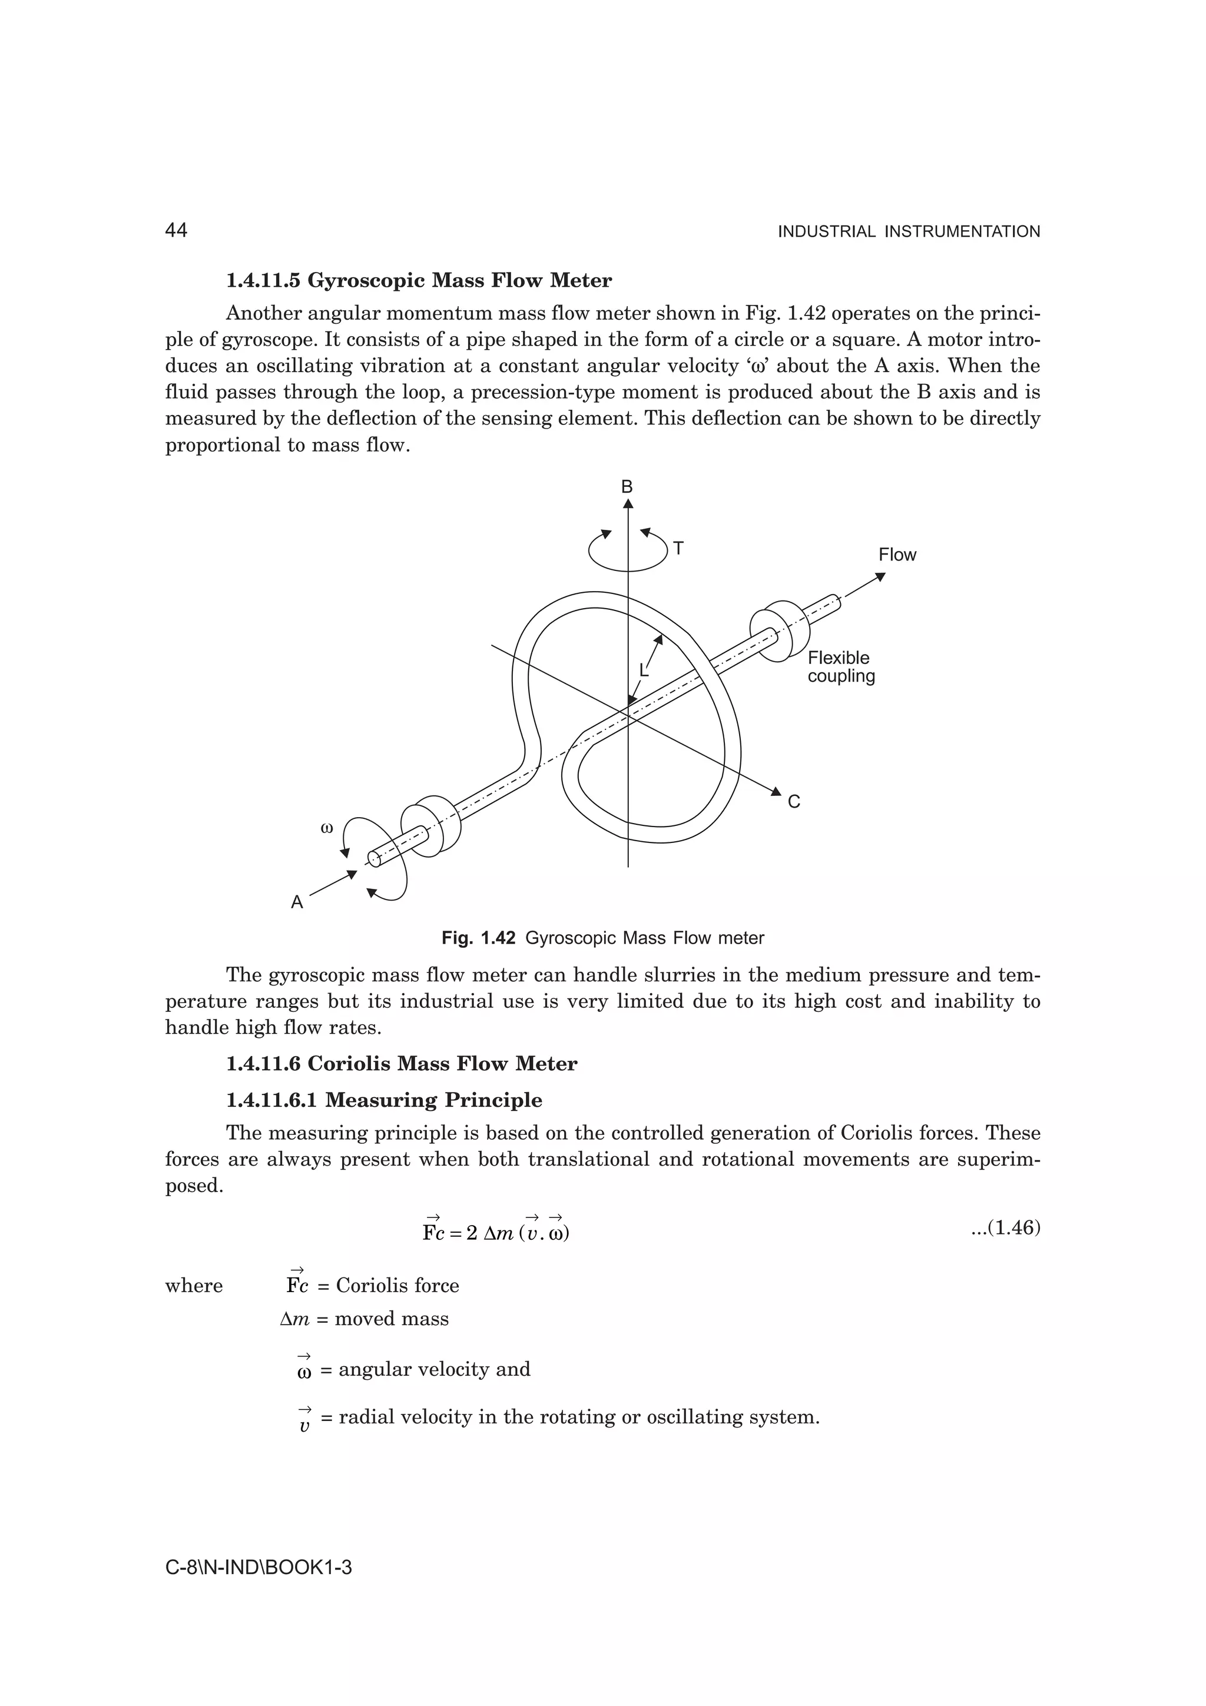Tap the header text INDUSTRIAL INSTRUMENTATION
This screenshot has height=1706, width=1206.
pyautogui.click(x=908, y=232)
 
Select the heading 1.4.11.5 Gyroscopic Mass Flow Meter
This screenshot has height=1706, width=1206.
pyautogui.click(x=419, y=281)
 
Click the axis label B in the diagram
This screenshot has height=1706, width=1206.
pyautogui.click(x=627, y=487)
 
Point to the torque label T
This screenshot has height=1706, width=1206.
pyautogui.click(x=678, y=549)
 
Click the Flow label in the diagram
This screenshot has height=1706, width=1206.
pyautogui.click(x=897, y=555)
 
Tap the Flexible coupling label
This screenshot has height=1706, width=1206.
pyautogui.click(x=841, y=666)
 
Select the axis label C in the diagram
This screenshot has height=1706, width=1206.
pyautogui.click(x=794, y=802)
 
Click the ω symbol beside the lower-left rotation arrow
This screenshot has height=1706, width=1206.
pyautogui.click(x=326, y=827)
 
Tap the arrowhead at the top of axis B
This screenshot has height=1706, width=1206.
pyautogui.click(x=628, y=505)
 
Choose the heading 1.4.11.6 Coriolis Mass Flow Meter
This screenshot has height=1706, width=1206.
pyautogui.click(x=401, y=1063)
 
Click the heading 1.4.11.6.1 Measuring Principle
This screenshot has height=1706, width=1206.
pyautogui.click(x=383, y=1100)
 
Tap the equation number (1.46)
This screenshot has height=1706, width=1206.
pyautogui.click(x=1005, y=1227)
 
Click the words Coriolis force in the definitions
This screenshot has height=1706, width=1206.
pyautogui.click(x=397, y=1286)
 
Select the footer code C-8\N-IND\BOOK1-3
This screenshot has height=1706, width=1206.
pyautogui.click(x=258, y=1568)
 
